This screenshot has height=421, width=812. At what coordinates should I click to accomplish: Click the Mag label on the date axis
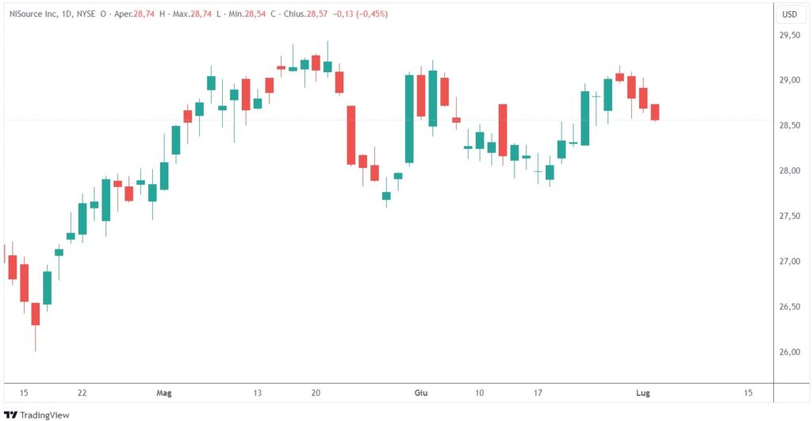click(x=164, y=392)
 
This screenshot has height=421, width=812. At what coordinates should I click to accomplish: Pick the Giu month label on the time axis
click(x=420, y=392)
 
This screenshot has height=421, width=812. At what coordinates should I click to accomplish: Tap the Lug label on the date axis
click(x=643, y=392)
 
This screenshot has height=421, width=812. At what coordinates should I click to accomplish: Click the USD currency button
click(x=790, y=14)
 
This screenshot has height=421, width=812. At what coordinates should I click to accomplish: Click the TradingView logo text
click(x=44, y=414)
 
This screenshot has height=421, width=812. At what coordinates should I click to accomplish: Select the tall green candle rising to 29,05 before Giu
click(x=409, y=119)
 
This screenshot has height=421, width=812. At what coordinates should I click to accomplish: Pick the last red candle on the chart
click(x=655, y=112)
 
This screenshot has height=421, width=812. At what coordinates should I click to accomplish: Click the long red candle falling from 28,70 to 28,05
click(x=351, y=135)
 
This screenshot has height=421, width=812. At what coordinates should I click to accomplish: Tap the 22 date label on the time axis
click(x=82, y=392)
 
